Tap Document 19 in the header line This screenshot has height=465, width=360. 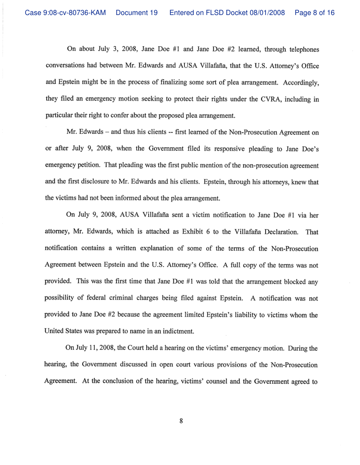[137, 13]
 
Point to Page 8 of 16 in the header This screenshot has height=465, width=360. [315, 13]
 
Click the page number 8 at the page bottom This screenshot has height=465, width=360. [181, 420]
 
